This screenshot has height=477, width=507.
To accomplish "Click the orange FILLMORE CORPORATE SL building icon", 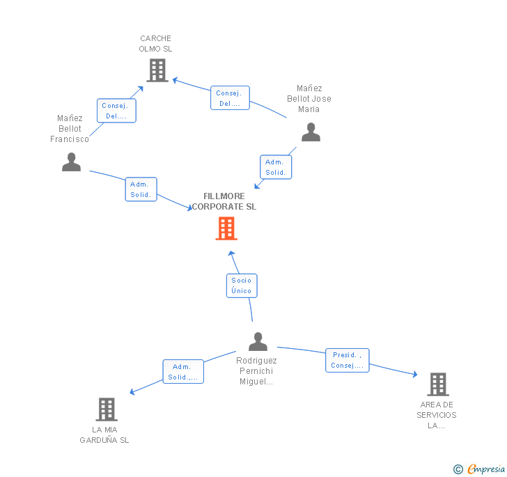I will [x=226, y=228].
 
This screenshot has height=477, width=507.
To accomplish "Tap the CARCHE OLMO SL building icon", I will [x=157, y=70].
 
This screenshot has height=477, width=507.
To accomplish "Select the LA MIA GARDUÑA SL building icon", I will [x=107, y=409].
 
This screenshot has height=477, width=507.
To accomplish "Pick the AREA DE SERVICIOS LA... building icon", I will [x=437, y=384].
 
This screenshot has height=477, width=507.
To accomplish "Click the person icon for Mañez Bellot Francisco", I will [x=71, y=162].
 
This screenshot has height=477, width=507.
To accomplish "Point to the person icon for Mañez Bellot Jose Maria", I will [x=311, y=132].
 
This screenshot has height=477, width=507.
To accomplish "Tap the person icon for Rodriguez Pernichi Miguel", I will [x=258, y=341].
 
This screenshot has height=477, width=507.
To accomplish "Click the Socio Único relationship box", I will [x=242, y=286].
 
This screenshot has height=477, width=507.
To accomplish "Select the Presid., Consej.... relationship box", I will [x=348, y=360].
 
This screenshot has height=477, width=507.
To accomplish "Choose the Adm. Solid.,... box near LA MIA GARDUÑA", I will [x=183, y=372].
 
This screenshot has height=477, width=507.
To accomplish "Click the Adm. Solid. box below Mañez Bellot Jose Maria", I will [x=276, y=167].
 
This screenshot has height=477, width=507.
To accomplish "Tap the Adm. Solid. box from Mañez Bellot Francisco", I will [x=141, y=189].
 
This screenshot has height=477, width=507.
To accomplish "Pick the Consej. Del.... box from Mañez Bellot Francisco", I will [x=116, y=111].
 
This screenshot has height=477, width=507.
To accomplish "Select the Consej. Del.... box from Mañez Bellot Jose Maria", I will [x=230, y=98].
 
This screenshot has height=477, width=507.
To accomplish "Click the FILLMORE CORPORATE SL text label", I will [x=224, y=201].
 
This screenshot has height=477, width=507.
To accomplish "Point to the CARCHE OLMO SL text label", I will [x=155, y=44].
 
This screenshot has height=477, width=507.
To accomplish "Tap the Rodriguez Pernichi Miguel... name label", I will [x=256, y=371].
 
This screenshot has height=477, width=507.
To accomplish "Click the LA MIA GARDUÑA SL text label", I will [x=104, y=435].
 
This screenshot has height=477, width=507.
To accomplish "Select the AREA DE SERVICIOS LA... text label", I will [x=437, y=415].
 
